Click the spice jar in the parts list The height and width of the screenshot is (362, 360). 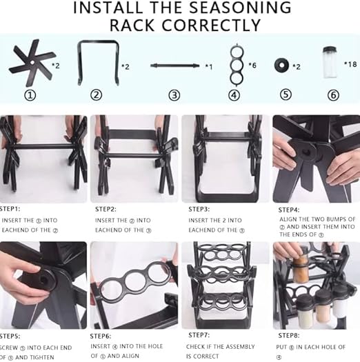pos(330,63)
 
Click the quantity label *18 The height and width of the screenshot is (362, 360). pos(350,64)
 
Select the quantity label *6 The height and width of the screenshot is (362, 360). pos(253,65)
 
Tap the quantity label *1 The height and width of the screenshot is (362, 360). pos(208,66)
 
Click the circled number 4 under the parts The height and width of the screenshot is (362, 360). pos(234,95)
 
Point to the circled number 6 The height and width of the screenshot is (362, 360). pos(334,95)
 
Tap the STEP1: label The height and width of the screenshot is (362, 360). pos(10,208)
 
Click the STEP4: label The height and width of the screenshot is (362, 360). pos(289,209)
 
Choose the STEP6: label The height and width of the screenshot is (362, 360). pos(101,336)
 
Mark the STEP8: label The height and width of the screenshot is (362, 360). pos(290,336)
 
